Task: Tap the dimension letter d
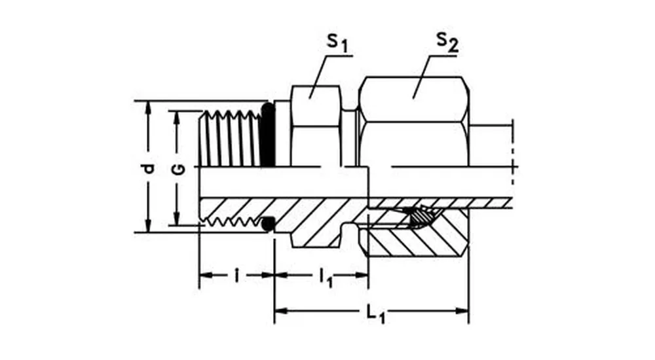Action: (149, 168)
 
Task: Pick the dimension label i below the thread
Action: (236, 275)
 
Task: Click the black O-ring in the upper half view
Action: (267, 134)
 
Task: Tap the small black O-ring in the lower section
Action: (268, 225)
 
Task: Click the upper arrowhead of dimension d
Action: (149, 107)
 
